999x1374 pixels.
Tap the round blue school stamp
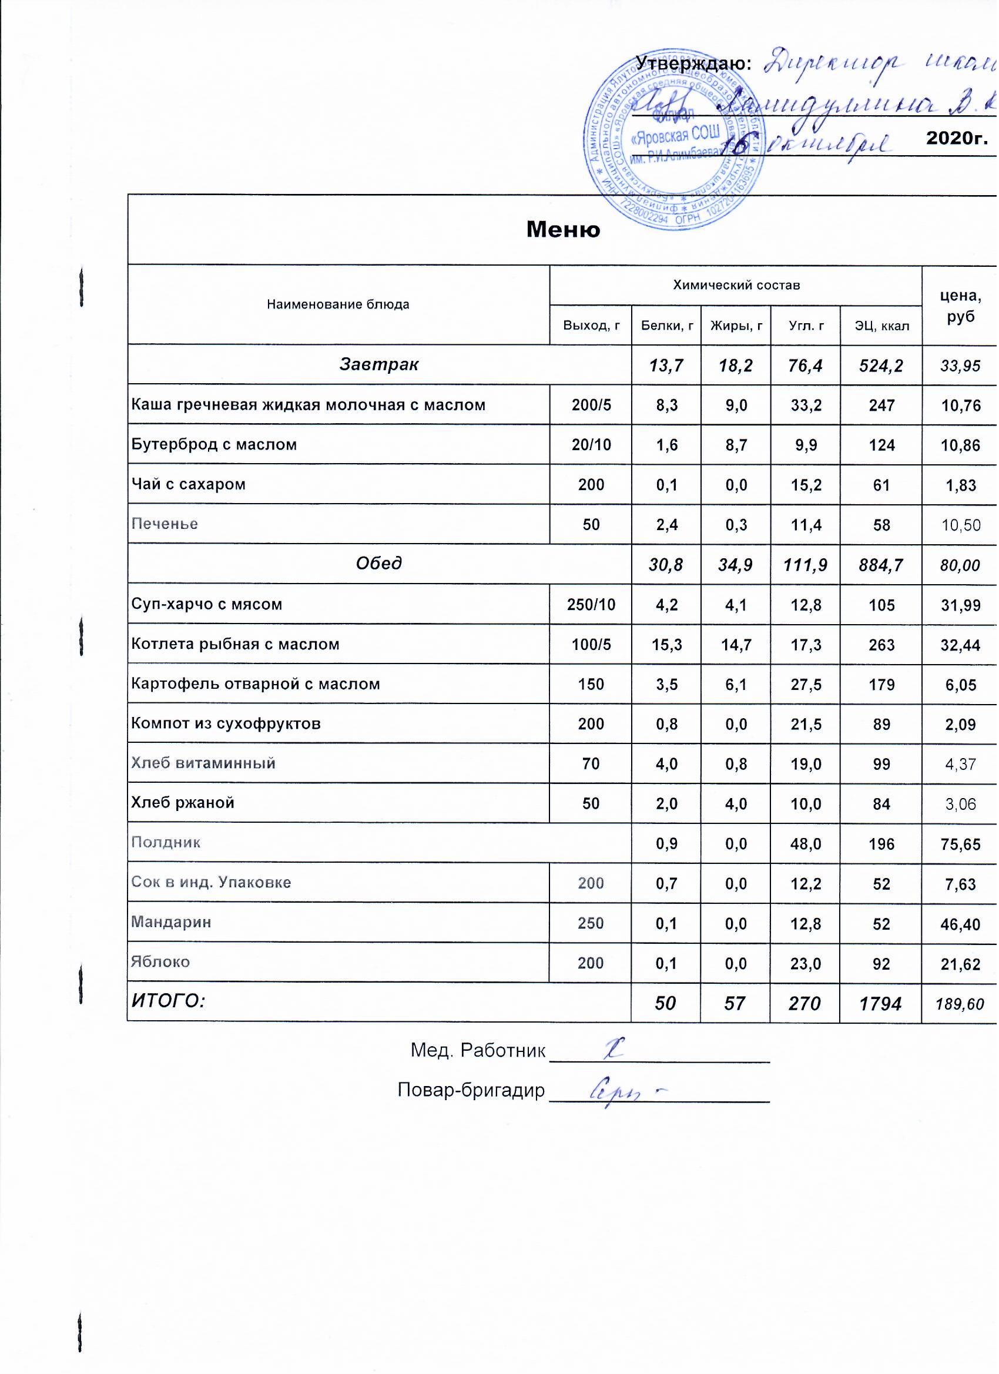673,140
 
